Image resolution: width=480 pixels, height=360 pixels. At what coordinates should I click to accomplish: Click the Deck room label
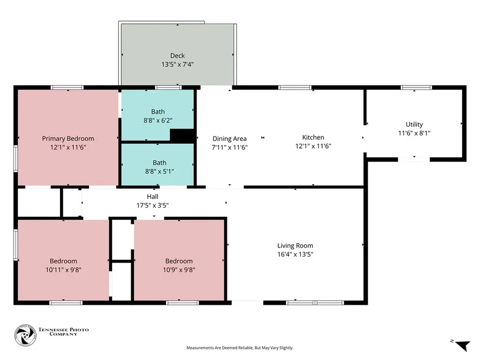tap(177, 56)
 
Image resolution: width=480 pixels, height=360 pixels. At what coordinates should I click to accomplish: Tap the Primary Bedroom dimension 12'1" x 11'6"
tap(68, 147)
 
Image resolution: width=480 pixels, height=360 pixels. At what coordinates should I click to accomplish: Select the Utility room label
tap(414, 124)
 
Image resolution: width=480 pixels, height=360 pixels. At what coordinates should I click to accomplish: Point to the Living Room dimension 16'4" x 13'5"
tap(295, 254)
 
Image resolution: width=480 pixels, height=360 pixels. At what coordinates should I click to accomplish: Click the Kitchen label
tap(313, 137)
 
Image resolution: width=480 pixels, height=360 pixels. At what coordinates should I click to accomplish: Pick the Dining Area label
tap(230, 139)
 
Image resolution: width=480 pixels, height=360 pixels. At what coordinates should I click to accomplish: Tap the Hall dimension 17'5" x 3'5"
tap(152, 205)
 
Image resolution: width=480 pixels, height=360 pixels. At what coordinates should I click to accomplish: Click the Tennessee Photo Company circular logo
tap(25, 335)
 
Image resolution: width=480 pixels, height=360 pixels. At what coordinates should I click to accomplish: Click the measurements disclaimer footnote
tap(240, 348)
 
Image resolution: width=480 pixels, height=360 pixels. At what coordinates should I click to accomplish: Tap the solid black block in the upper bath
tap(182, 136)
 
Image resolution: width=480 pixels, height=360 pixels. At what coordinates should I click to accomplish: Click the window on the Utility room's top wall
tap(416, 88)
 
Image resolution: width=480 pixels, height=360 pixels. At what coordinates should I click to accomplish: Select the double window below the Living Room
tap(315, 303)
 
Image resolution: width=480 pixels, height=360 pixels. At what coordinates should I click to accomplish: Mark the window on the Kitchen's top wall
tap(295, 88)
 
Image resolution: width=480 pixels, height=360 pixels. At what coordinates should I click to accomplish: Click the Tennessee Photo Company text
tap(63, 331)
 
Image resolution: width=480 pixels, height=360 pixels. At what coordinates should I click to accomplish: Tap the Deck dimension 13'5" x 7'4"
tap(177, 64)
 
